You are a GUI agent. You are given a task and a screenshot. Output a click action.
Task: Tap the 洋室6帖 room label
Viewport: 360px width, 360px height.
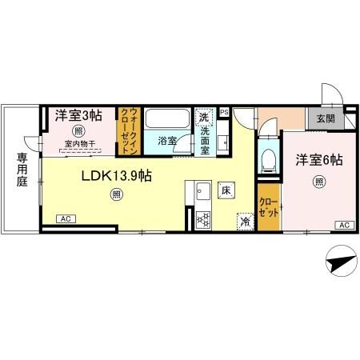point(319,160)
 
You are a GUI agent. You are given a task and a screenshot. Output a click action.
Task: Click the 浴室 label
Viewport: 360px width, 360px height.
point(166,140)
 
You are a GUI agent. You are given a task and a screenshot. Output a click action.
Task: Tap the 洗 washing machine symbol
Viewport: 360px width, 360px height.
point(203,116)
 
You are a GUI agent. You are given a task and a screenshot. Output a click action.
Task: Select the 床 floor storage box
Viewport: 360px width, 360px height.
point(226,190)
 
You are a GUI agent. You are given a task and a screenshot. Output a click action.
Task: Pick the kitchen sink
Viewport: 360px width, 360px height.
point(201,191)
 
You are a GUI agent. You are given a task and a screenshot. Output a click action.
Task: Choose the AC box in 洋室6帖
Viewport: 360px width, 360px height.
point(343,225)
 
